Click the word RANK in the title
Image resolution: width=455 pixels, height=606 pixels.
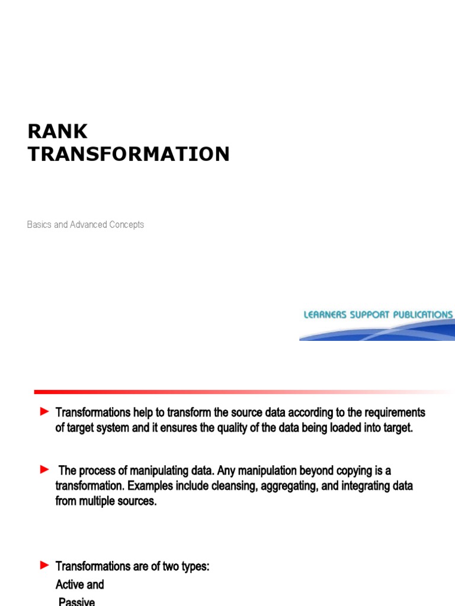(57, 131)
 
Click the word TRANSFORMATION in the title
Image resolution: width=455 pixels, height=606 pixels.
(129, 154)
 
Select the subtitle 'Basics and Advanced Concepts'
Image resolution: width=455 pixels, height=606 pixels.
(85, 225)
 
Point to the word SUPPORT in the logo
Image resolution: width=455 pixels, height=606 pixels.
(372, 315)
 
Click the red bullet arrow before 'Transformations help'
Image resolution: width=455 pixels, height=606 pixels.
(44, 411)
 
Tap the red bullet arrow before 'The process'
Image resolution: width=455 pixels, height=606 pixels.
(44, 470)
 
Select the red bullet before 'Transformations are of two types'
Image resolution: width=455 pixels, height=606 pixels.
(44, 566)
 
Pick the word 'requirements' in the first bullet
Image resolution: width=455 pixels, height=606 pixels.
(395, 412)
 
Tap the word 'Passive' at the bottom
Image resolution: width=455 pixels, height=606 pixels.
(76, 601)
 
